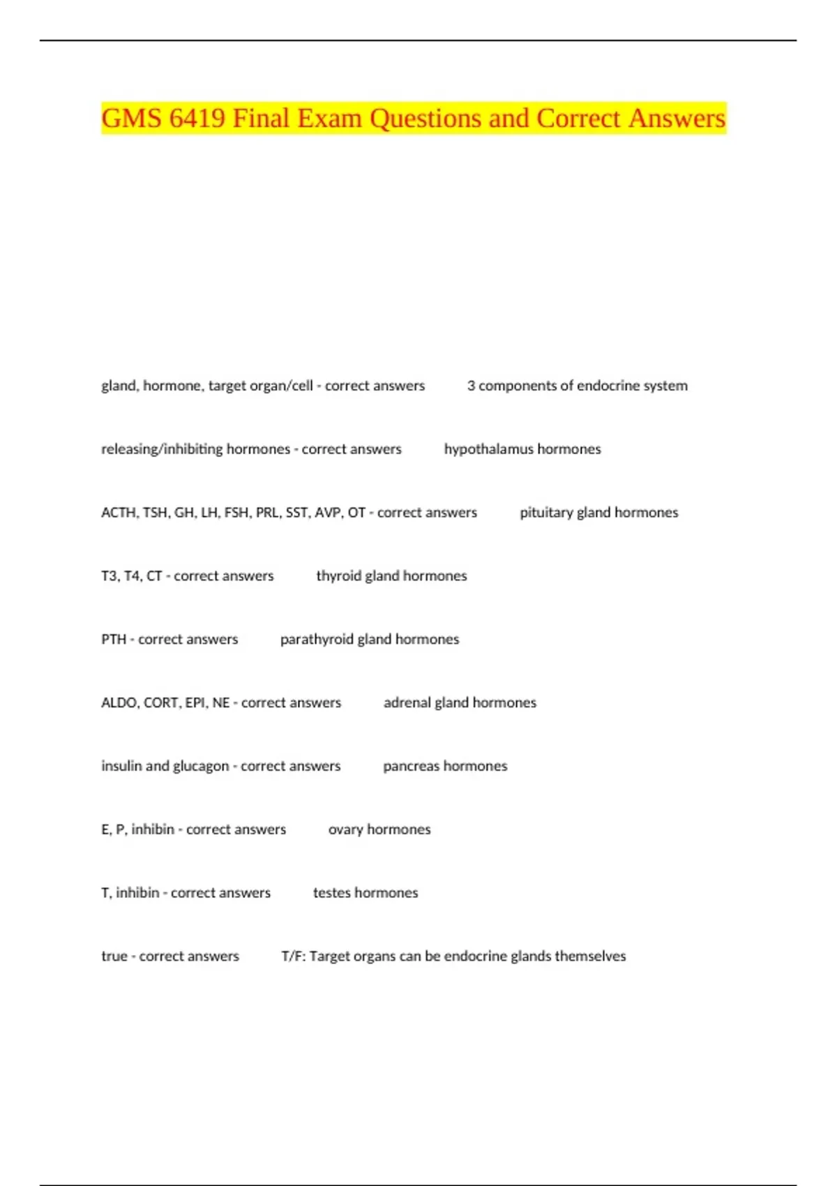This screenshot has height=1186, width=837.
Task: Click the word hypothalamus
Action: click(488, 449)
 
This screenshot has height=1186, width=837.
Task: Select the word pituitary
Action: click(545, 513)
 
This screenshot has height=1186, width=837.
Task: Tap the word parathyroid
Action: click(317, 640)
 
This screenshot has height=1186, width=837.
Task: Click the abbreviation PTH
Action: click(114, 640)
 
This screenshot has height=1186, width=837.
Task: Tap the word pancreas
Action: click(411, 767)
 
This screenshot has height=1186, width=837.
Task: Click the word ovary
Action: click(345, 830)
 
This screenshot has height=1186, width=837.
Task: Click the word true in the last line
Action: click(114, 956)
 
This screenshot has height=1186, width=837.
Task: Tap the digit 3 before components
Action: click(472, 386)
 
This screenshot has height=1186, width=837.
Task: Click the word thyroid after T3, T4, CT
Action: click(338, 576)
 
